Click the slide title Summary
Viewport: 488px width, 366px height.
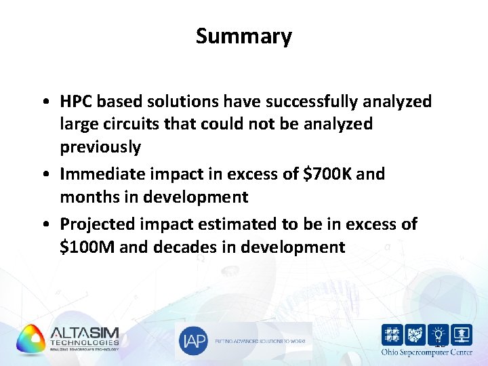pyautogui.click(x=244, y=36)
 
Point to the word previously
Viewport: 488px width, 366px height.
pyautogui.click(x=100, y=147)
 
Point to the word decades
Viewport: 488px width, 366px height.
pyautogui.click(x=184, y=247)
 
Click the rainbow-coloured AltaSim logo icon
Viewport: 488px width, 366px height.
pyautogui.click(x=30, y=339)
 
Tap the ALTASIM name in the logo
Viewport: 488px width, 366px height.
pyautogui.click(x=84, y=333)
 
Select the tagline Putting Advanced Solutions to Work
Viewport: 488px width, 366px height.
pyautogui.click(x=261, y=342)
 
